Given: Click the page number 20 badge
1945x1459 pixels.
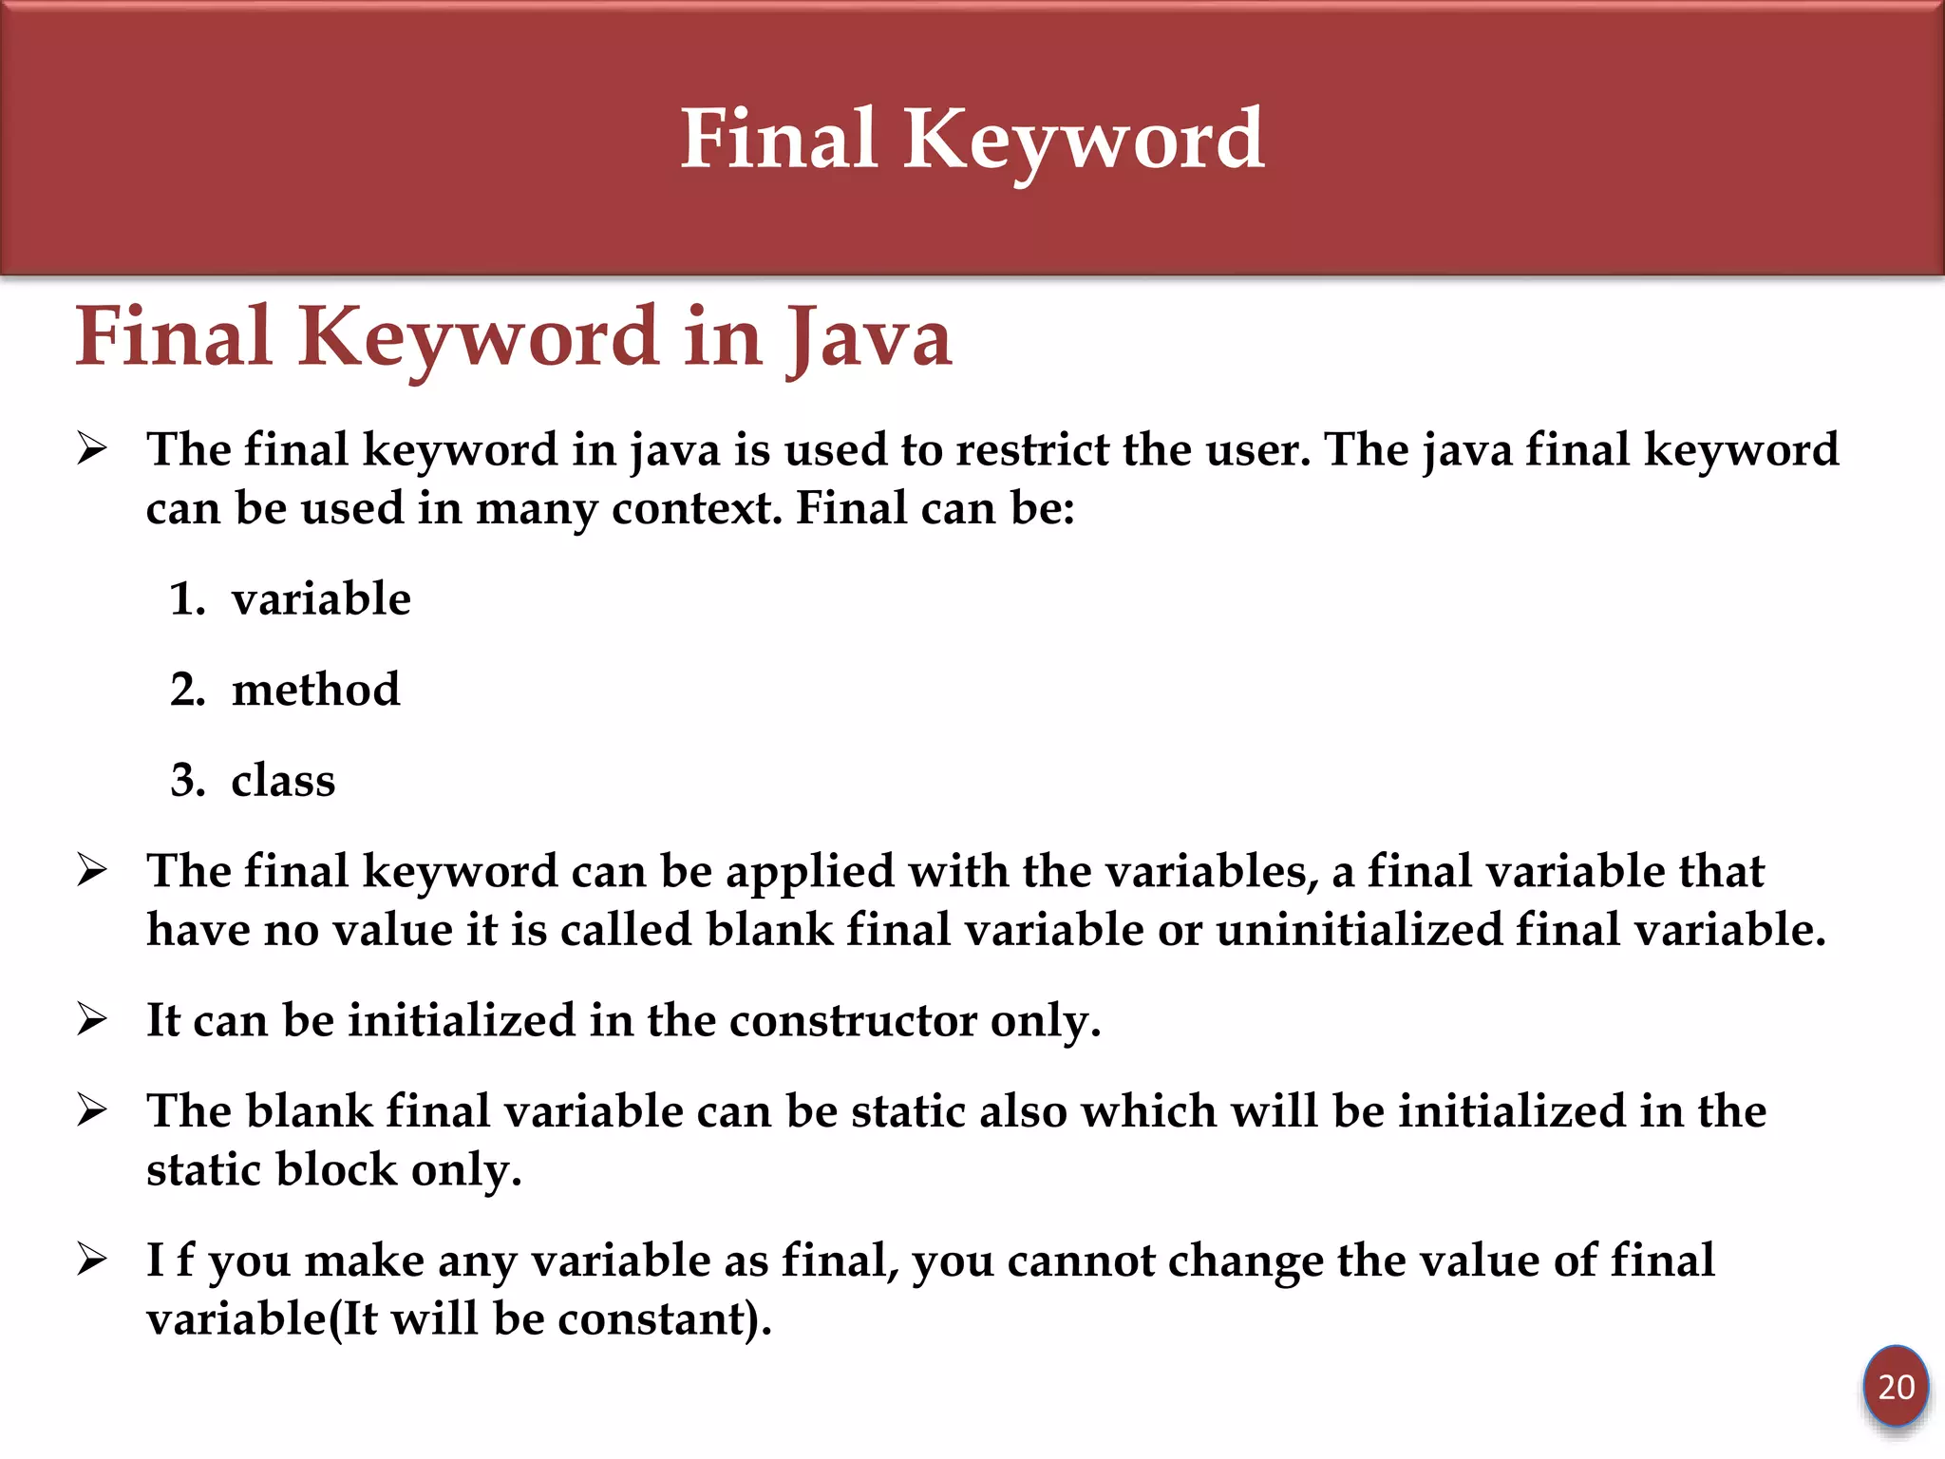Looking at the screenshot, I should [x=1896, y=1387].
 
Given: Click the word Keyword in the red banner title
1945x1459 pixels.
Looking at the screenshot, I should [x=1083, y=141].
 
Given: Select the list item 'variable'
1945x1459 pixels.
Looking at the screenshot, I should [x=321, y=599].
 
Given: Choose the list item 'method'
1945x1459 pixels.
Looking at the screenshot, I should [x=315, y=690].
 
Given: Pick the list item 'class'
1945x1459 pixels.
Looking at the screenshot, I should [x=283, y=781].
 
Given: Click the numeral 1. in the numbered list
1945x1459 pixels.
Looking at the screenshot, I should [x=187, y=599].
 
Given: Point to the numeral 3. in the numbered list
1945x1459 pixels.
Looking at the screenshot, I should [x=187, y=781].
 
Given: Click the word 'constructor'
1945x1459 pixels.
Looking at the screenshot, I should [x=852, y=1021].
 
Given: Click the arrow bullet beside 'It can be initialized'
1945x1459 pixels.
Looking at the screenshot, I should [x=92, y=1019].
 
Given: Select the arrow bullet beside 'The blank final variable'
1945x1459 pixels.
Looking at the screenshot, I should [x=92, y=1109].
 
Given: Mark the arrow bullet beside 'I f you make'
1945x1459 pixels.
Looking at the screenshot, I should [x=92, y=1260].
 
